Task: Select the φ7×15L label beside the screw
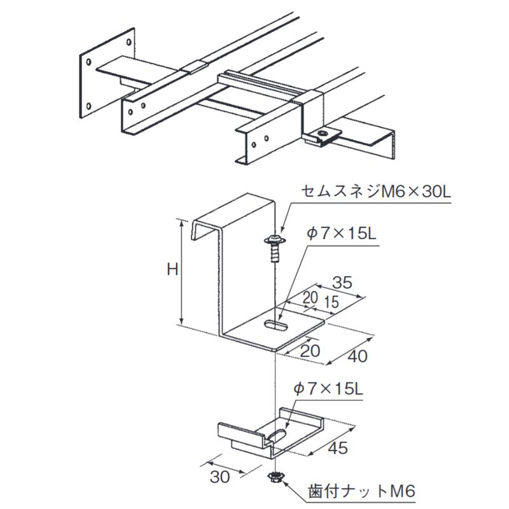pos(341,234)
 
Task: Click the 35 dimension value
pos(342,282)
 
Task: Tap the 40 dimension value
pos(358,356)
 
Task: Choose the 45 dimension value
pos(338,448)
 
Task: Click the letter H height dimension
pos(172,270)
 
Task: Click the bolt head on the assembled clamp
pos(324,134)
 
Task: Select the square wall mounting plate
pos(106,73)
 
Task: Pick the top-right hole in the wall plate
pos(129,43)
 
